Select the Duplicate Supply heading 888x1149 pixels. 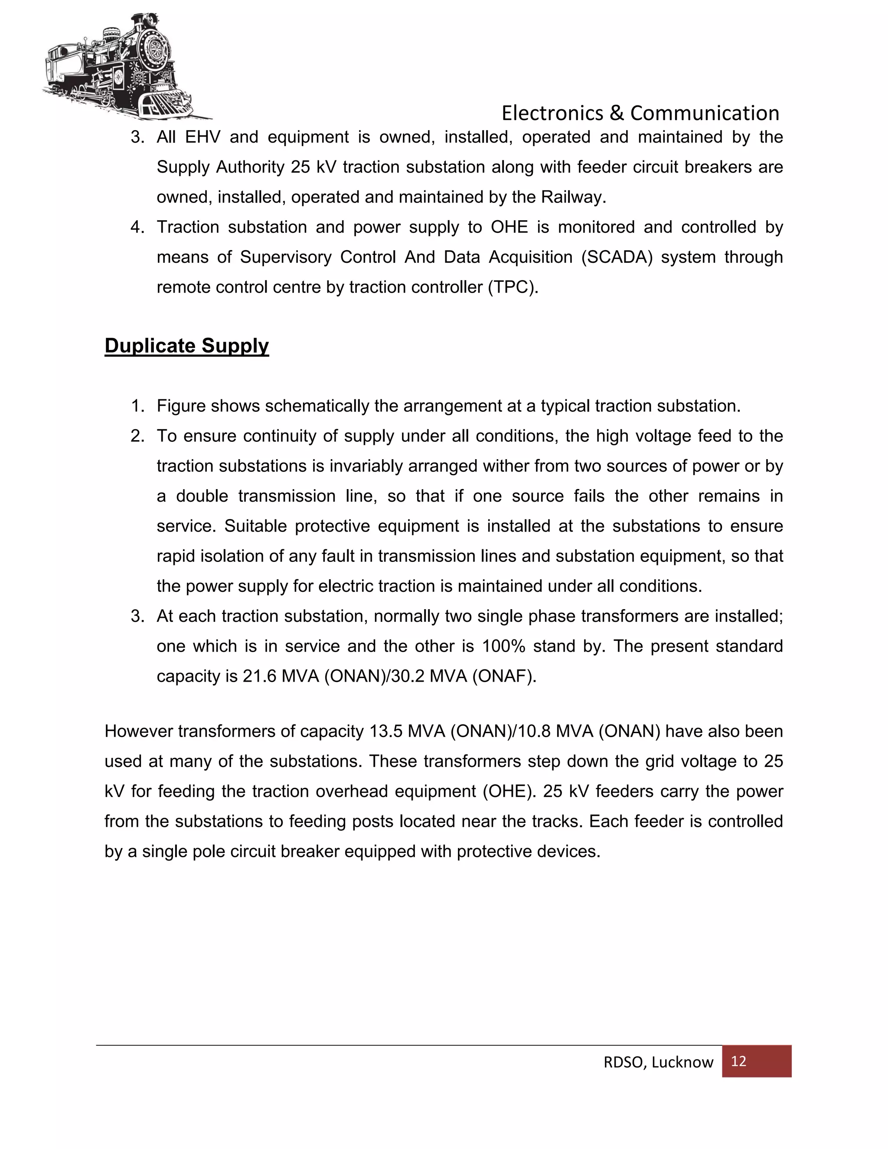(187, 346)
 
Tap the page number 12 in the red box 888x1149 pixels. (738, 1061)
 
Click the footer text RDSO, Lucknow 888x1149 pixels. (658, 1062)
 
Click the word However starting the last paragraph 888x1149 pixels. (139, 732)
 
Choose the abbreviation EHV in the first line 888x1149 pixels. (202, 137)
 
